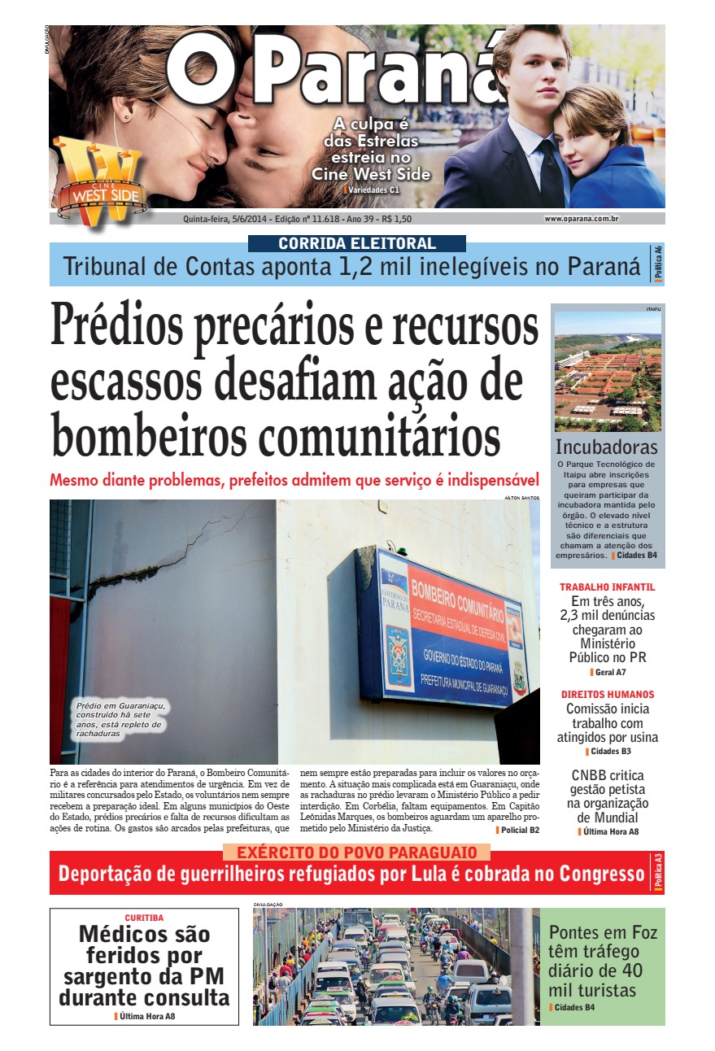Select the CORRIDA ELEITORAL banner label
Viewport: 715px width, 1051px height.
pyautogui.click(x=356, y=243)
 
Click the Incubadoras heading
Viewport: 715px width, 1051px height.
pyautogui.click(x=606, y=447)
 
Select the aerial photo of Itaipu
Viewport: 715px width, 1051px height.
pyautogui.click(x=607, y=372)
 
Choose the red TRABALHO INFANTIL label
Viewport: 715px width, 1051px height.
pyautogui.click(x=607, y=587)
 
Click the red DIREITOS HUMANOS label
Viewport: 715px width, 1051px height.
pyautogui.click(x=607, y=695)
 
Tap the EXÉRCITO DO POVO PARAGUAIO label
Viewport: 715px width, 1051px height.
pyautogui.click(x=356, y=853)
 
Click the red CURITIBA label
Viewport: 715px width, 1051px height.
pyautogui.click(x=144, y=918)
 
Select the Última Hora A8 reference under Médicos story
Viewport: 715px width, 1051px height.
pyautogui.click(x=147, y=1016)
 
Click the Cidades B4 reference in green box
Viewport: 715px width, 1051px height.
pyautogui.click(x=574, y=1008)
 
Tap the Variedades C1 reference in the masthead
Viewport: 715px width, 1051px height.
pyautogui.click(x=373, y=190)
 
